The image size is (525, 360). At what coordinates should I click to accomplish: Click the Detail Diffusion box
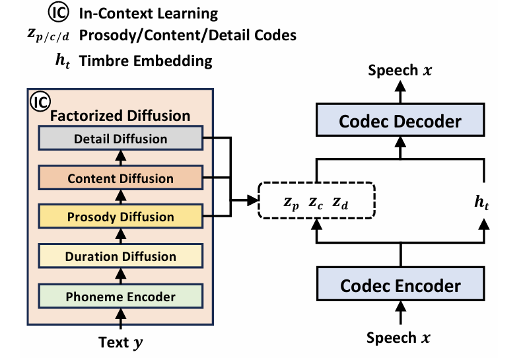pos(120,139)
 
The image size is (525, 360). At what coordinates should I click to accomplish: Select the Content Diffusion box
pos(120,178)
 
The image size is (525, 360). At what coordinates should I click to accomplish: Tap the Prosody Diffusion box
pos(120,217)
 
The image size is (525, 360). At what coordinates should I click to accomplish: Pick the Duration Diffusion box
pos(120,256)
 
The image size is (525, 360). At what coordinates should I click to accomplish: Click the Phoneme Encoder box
pos(120,297)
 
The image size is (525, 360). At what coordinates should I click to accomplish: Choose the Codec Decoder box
pos(400,122)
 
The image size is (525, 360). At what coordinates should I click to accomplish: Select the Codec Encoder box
pos(400,285)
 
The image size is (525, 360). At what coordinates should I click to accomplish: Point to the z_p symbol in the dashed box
pos(291,203)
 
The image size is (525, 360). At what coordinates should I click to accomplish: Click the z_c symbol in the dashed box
pos(316,203)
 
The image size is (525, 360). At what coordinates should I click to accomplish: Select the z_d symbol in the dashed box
pos(340,203)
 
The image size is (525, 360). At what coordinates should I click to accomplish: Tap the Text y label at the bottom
pos(120,343)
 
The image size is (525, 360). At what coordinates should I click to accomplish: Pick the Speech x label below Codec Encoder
pos(399,338)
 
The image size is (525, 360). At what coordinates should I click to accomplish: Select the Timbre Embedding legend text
pos(145,61)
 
